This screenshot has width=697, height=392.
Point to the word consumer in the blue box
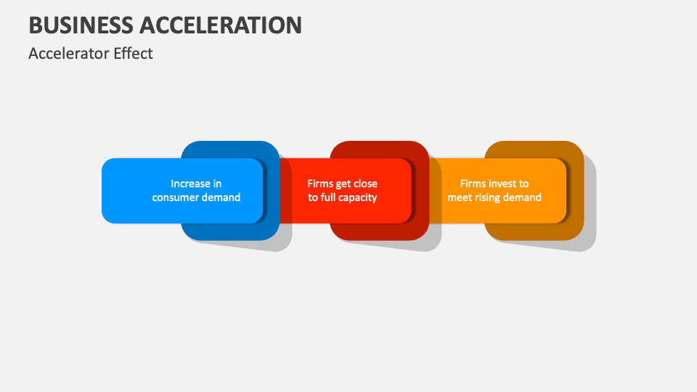176,197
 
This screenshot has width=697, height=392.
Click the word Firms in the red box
320,184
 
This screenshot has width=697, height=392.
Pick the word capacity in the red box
356,197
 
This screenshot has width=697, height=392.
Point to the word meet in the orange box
460,197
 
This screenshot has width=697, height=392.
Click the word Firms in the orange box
473,184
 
